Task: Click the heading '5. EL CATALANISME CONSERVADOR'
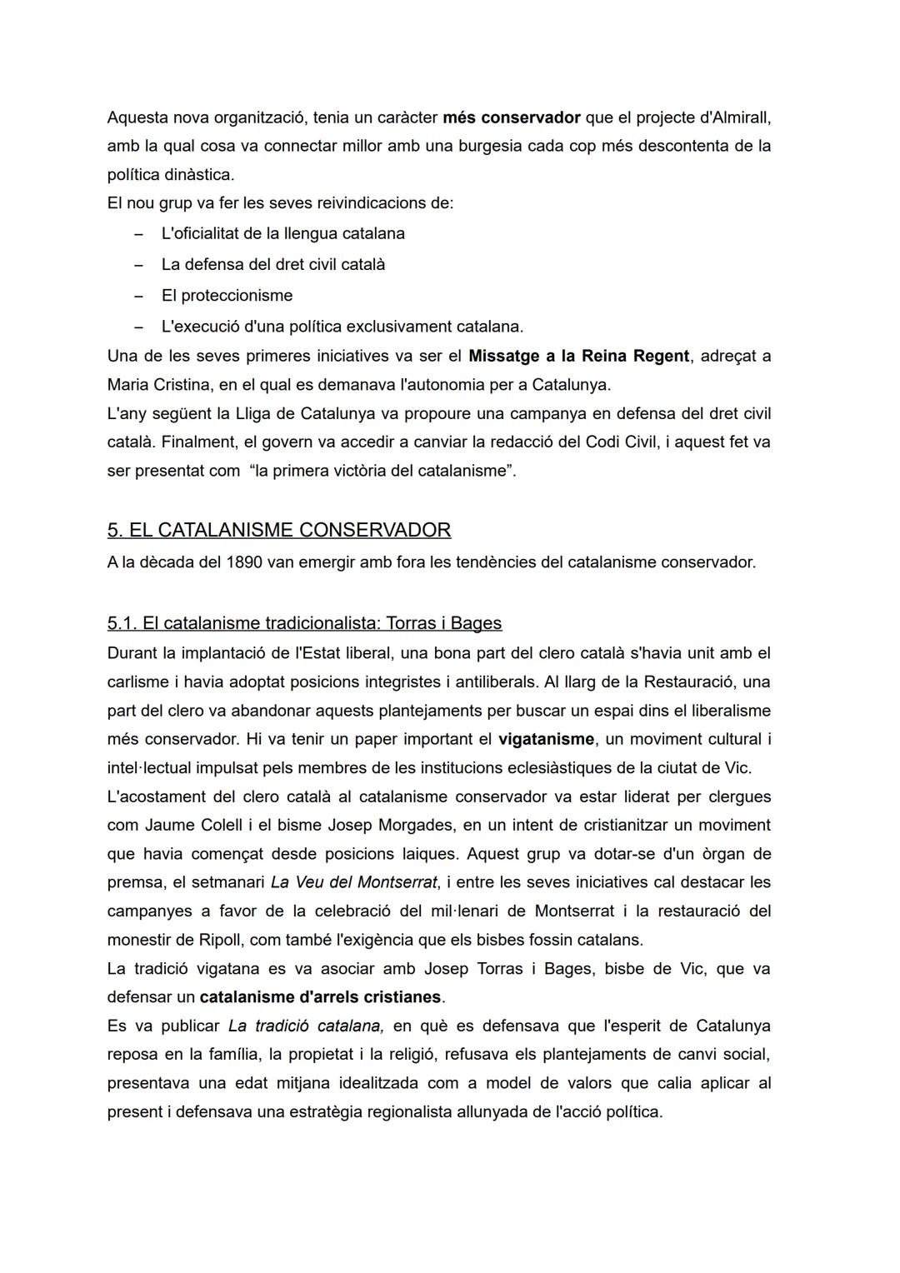click(x=279, y=530)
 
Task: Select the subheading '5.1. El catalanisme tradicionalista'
click(x=304, y=623)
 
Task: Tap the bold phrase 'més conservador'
click(x=511, y=117)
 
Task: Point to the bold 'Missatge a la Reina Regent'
click(x=578, y=357)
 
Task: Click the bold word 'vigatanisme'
click(x=546, y=739)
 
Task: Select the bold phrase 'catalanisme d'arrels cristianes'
click(x=320, y=997)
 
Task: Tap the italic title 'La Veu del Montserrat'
click(x=353, y=882)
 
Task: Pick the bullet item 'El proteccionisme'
click(x=227, y=296)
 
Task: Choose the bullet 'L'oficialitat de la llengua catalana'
click(x=282, y=233)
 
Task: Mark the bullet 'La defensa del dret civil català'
click(x=272, y=265)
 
